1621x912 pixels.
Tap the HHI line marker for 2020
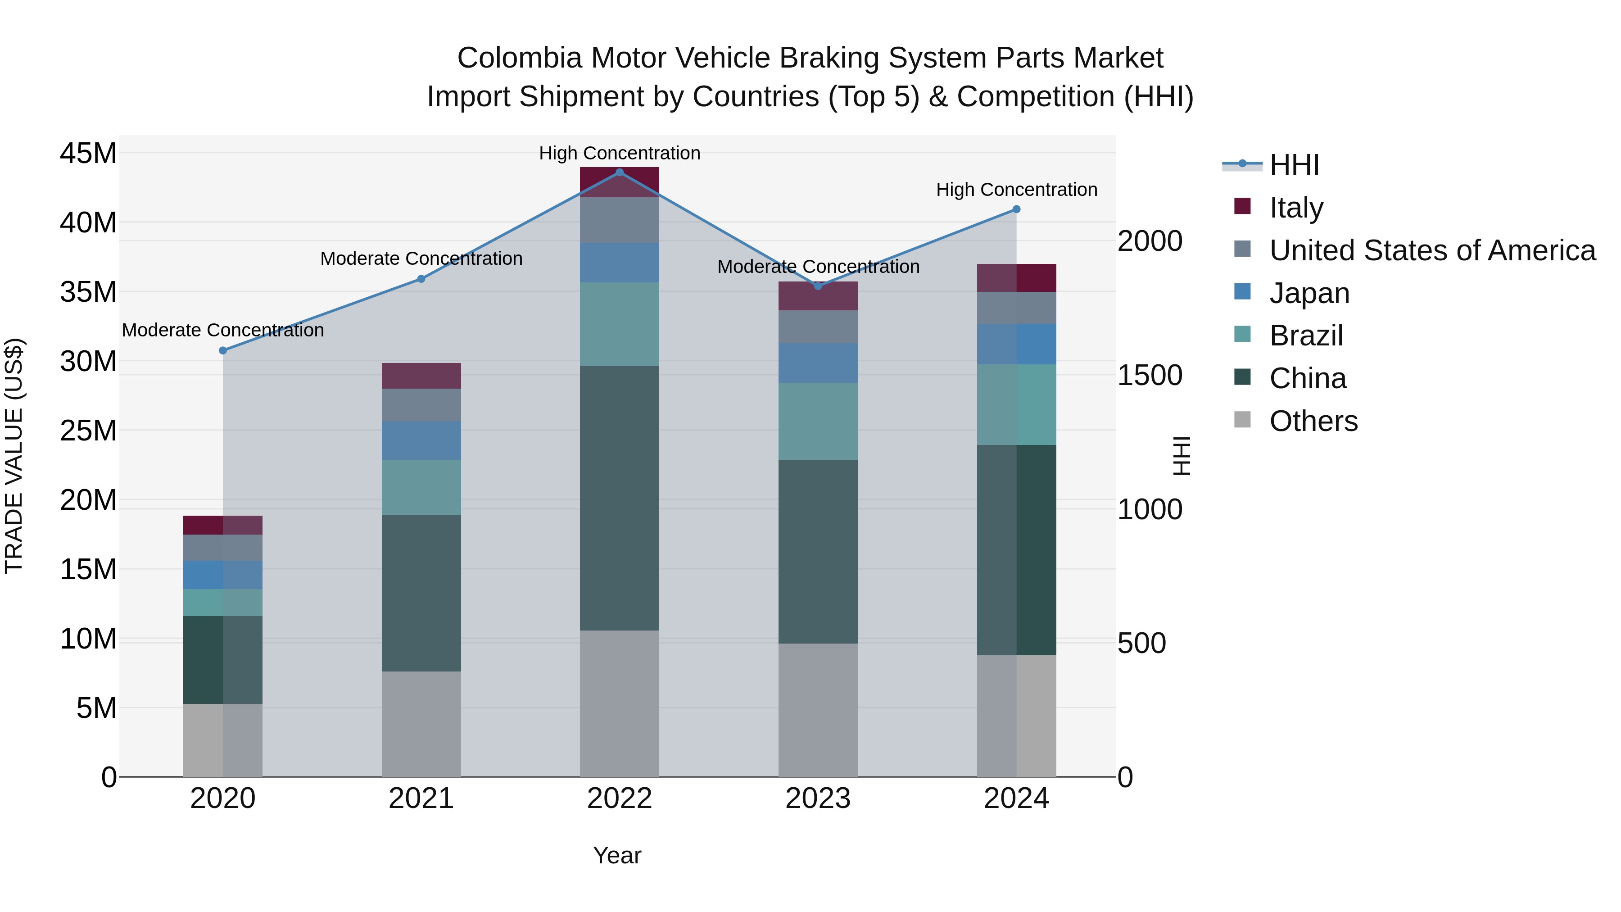[x=223, y=350]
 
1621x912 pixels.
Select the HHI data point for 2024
[x=1016, y=209]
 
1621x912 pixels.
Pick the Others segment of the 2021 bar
[x=421, y=724]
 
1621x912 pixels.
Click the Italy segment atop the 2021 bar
[x=421, y=376]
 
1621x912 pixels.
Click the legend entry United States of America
[x=1431, y=250]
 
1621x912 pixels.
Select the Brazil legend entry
[x=1306, y=336]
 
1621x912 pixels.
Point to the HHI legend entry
[x=1293, y=165]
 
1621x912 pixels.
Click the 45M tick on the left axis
[x=88, y=153]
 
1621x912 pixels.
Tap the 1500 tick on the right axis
[x=1149, y=376]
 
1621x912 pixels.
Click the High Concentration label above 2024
[x=1016, y=190]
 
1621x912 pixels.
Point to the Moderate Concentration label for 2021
[x=421, y=259]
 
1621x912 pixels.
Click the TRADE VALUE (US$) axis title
[x=14, y=456]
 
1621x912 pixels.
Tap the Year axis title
[x=617, y=855]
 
